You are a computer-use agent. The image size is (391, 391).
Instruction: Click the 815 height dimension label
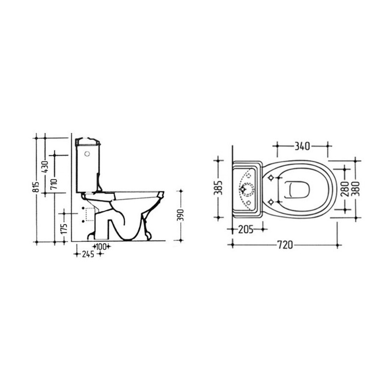(x=36, y=186)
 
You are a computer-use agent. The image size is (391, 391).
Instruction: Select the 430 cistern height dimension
(x=45, y=167)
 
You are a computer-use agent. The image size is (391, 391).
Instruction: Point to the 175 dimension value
(x=64, y=228)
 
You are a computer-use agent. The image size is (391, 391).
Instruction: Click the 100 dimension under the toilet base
(x=101, y=247)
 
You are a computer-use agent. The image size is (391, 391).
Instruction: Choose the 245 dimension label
(x=88, y=254)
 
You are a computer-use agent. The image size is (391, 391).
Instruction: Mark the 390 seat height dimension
(x=181, y=215)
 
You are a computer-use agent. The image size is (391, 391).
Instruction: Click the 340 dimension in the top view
(x=303, y=146)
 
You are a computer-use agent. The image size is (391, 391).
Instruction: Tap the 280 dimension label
(x=346, y=189)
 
